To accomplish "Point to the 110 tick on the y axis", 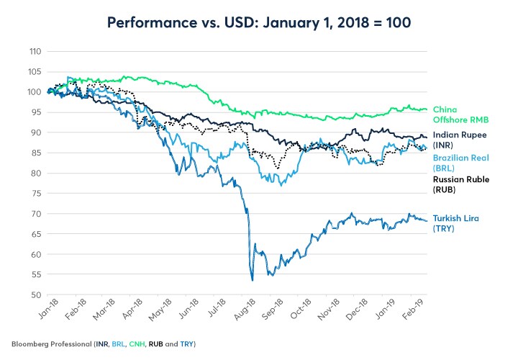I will (35, 52).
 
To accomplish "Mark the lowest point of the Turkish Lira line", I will (252, 280).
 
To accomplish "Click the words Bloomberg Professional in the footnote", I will (47, 343).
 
